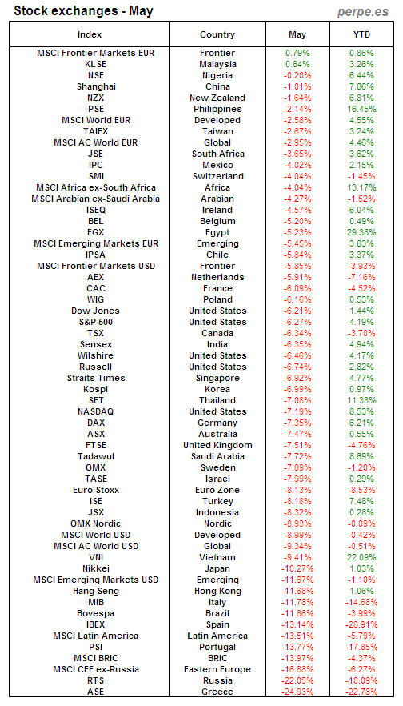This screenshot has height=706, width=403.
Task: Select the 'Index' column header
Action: tap(95, 34)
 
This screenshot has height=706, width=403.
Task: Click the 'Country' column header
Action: tap(217, 34)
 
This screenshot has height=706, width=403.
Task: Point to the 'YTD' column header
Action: tap(361, 34)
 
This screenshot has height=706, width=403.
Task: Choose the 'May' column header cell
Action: tap(297, 34)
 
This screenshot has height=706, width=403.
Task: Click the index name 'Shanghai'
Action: tap(95, 86)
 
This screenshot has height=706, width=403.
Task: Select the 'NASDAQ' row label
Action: tap(95, 411)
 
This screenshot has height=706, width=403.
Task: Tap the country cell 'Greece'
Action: tap(217, 692)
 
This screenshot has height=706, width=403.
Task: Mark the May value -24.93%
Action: tap(297, 692)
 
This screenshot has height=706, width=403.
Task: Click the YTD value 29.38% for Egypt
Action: tap(361, 232)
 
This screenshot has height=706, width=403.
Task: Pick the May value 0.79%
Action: tap(297, 53)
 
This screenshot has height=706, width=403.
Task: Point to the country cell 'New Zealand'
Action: tap(217, 98)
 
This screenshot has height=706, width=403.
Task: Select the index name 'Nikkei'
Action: tap(95, 568)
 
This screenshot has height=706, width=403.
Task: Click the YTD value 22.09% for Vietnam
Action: tap(361, 557)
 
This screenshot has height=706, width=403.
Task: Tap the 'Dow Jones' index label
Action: tap(95, 311)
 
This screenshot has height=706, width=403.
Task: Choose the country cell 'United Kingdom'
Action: tap(217, 445)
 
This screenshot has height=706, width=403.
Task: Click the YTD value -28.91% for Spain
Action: tap(361, 624)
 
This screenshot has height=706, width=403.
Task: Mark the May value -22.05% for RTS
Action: tap(297, 680)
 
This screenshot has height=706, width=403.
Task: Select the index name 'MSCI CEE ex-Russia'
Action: tap(95, 669)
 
